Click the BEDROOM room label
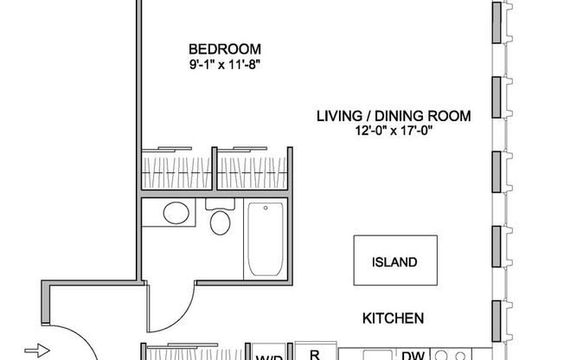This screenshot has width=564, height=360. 224,48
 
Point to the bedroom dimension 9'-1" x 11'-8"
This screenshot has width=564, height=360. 224,63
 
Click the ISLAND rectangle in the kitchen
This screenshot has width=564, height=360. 394,261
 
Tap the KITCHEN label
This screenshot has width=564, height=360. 393,318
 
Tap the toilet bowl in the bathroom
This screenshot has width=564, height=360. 221,224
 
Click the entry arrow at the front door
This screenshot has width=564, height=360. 33,350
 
